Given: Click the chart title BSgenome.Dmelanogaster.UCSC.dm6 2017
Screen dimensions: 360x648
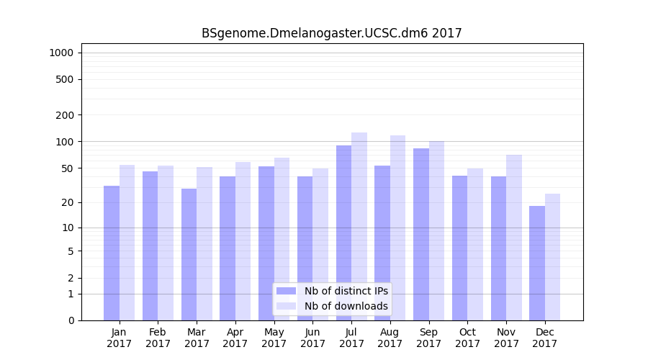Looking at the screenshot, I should pyautogui.click(x=331, y=33).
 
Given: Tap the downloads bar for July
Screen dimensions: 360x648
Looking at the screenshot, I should pyautogui.click(x=359, y=226).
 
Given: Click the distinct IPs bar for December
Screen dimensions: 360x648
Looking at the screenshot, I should pyautogui.click(x=537, y=263).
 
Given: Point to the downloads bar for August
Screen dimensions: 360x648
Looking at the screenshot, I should pyautogui.click(x=397, y=228).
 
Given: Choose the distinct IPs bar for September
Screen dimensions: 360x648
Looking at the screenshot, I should pyautogui.click(x=421, y=234).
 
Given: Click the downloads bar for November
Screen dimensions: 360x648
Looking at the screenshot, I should pyautogui.click(x=514, y=238).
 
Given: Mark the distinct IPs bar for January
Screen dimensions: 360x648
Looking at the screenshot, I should pyautogui.click(x=112, y=253).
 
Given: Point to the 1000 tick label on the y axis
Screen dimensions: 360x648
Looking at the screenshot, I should pyautogui.click(x=61, y=53).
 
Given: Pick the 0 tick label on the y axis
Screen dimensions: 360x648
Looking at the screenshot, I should pyautogui.click(x=71, y=320).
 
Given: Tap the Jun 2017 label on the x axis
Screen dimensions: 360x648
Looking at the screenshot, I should pyautogui.click(x=312, y=338).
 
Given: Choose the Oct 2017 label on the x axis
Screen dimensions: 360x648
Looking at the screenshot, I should pyautogui.click(x=467, y=338).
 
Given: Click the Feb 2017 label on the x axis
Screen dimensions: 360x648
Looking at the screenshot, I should pyautogui.click(x=158, y=338).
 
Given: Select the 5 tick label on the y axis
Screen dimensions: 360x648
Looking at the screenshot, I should pyautogui.click(x=71, y=251).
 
